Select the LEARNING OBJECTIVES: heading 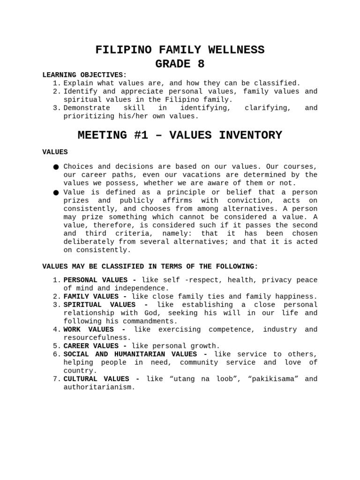pyautogui.click(x=84, y=75)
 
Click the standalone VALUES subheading pyautogui.click(x=55, y=152)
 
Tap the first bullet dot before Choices pyautogui.click(x=56, y=167)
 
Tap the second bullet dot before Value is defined pyautogui.click(x=56, y=193)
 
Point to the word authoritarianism pyautogui.click(x=99, y=387)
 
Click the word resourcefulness pyautogui.click(x=97, y=337)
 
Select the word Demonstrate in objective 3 pyautogui.click(x=87, y=108)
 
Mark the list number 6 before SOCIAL pyautogui.click(x=56, y=354)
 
